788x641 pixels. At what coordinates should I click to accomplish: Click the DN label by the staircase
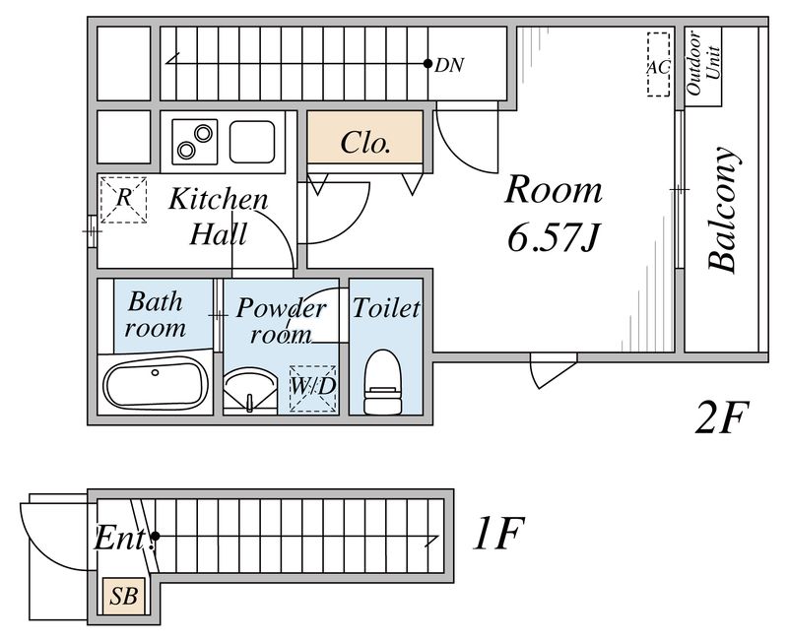pyautogui.click(x=449, y=65)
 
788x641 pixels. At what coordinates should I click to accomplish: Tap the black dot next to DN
pyautogui.click(x=427, y=64)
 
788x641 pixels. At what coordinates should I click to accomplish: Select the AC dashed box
pyautogui.click(x=658, y=64)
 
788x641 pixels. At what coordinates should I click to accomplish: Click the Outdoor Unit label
pyautogui.click(x=703, y=63)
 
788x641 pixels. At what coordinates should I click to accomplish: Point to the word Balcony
pyautogui.click(x=724, y=210)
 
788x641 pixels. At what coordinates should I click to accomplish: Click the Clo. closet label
pyautogui.click(x=365, y=143)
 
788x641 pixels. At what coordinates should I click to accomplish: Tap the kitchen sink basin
pyautogui.click(x=252, y=142)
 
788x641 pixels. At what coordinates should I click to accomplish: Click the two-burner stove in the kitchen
pyautogui.click(x=194, y=142)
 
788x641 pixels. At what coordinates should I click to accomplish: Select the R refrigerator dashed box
pyautogui.click(x=124, y=200)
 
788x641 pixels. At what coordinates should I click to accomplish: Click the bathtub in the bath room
pyautogui.click(x=156, y=383)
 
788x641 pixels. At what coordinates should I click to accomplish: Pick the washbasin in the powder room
pyautogui.click(x=250, y=390)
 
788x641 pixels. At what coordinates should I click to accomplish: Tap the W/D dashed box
pyautogui.click(x=312, y=389)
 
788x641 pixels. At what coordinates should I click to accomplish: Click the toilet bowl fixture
pyautogui.click(x=383, y=382)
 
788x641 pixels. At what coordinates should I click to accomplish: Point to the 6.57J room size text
pyautogui.click(x=554, y=237)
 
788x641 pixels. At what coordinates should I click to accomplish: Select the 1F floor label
pyautogui.click(x=498, y=534)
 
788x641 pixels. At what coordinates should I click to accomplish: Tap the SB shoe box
pyautogui.click(x=124, y=597)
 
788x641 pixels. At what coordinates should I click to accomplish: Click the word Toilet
pyautogui.click(x=386, y=308)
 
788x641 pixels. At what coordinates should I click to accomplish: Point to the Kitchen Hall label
pyautogui.click(x=219, y=216)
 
